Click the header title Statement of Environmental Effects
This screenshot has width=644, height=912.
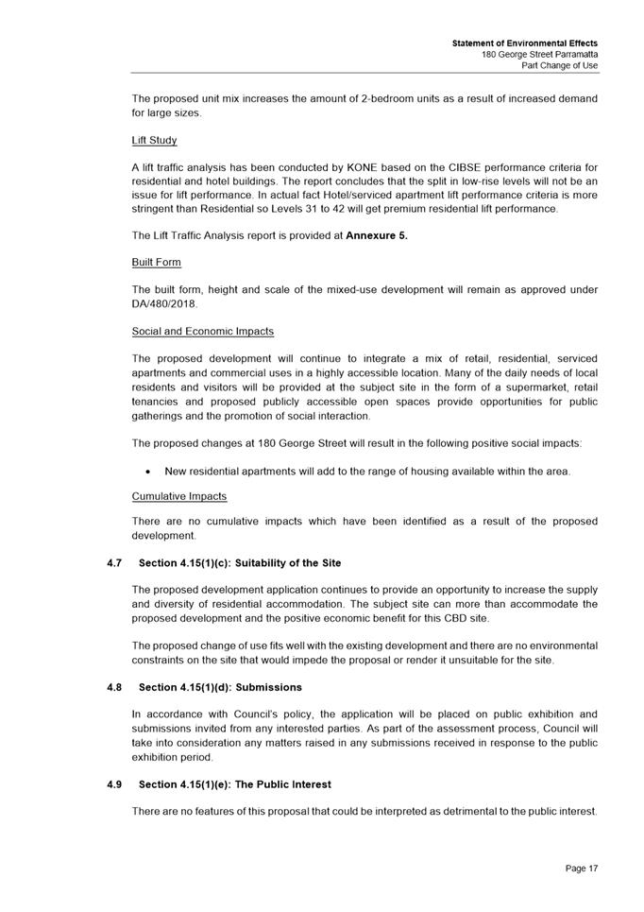point(524,43)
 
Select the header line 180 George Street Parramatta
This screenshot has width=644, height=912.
point(539,55)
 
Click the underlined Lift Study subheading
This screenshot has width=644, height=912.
point(154,140)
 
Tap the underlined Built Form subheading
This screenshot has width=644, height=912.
point(156,262)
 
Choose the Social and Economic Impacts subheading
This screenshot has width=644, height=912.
point(202,332)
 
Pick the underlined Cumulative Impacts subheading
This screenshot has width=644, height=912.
point(179,495)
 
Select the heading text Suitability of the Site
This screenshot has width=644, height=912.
point(292,563)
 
